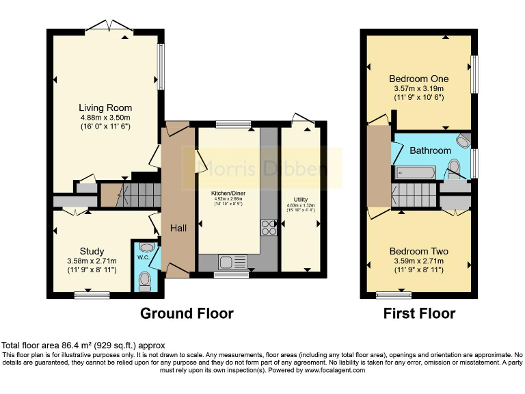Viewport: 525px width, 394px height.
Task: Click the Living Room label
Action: coord(105,108)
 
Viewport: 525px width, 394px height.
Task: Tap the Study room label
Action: coord(92,251)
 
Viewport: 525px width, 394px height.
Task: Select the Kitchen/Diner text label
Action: coord(229,194)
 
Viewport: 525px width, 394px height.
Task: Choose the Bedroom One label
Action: coord(419,79)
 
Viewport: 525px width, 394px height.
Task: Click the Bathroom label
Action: coord(430,150)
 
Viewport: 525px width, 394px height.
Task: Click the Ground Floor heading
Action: coord(187,314)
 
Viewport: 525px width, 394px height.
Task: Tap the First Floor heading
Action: coord(419,314)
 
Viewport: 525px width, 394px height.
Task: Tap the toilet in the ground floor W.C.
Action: coord(144,280)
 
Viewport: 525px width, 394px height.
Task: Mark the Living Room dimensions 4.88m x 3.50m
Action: coord(105,118)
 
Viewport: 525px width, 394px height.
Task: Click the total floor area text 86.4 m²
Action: coord(83,346)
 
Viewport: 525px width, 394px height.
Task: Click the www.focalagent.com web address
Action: coord(327,370)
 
